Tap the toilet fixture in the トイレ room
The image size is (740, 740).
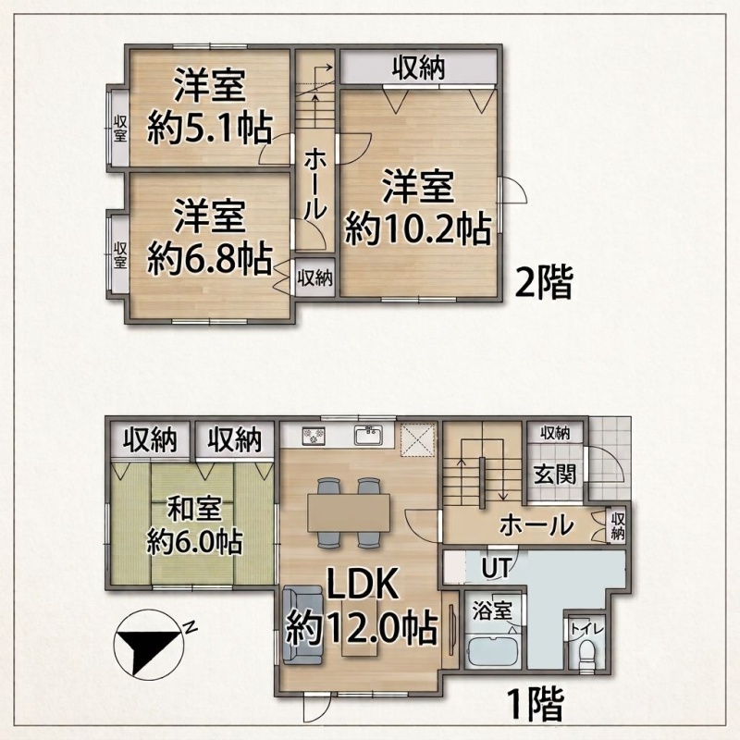[x=588, y=654]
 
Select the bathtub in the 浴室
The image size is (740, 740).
[x=493, y=651]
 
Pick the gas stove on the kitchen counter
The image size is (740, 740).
[x=314, y=435]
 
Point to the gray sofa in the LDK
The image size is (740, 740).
[x=302, y=624]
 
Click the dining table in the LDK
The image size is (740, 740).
[x=349, y=512]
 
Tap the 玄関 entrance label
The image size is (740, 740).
[x=555, y=474]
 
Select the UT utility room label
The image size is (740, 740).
[x=496, y=568]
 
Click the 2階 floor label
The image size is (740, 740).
[x=544, y=282]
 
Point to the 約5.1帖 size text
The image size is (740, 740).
[x=210, y=128]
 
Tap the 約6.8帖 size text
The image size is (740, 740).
[x=210, y=259]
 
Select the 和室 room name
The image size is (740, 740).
[x=194, y=510]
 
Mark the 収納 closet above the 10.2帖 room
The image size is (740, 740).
[x=419, y=68]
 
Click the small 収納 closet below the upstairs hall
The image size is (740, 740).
[x=315, y=277]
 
